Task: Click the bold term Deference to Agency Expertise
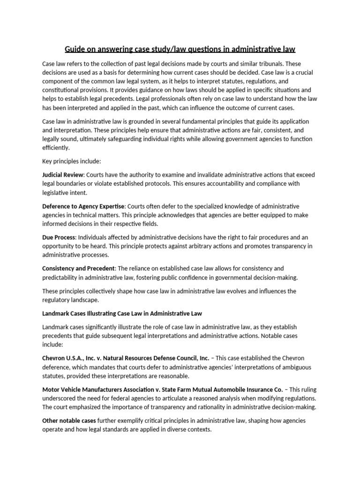(83, 206)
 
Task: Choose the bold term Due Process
(59, 238)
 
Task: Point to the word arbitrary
(208, 247)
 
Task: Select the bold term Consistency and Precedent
(78, 269)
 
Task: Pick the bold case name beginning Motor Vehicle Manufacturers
(162, 389)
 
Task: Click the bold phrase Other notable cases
(69, 420)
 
